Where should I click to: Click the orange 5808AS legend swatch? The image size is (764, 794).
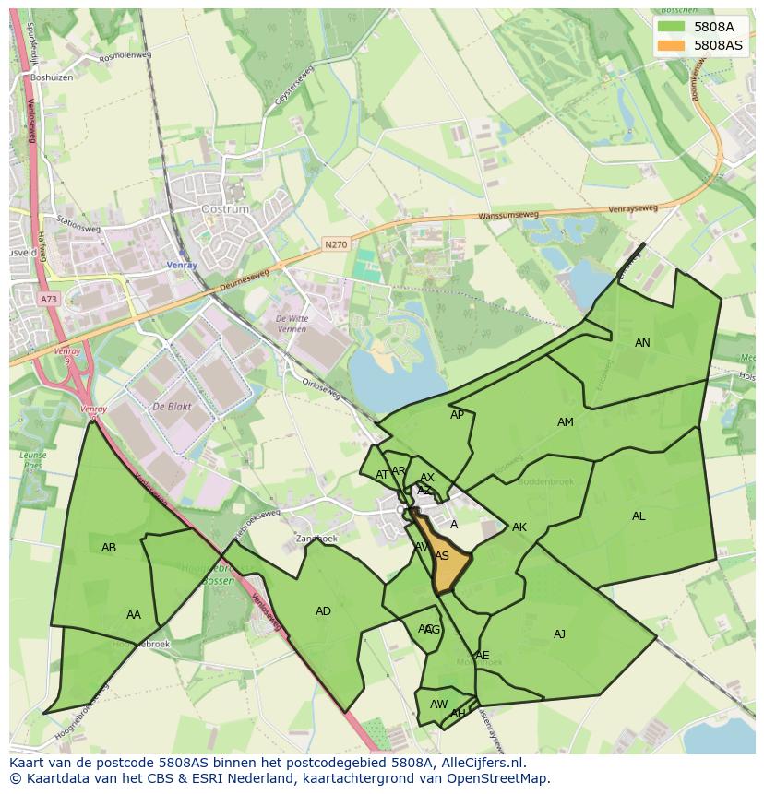click(672, 45)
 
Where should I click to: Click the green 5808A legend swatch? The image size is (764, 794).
click(672, 27)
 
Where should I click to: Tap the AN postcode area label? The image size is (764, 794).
click(642, 343)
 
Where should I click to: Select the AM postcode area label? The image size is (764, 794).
click(566, 422)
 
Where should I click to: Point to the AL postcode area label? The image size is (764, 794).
click(639, 516)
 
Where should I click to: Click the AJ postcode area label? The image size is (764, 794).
click(559, 634)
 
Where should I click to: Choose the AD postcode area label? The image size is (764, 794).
click(323, 611)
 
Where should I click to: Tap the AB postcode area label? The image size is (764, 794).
click(109, 548)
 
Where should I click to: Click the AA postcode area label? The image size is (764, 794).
click(134, 615)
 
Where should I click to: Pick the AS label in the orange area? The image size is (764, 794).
click(442, 556)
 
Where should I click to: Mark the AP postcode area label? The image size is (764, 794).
click(458, 415)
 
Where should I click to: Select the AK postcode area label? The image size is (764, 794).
click(519, 527)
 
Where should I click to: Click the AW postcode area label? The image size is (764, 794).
click(438, 705)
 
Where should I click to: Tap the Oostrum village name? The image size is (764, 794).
click(224, 209)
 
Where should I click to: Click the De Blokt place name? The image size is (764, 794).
click(171, 406)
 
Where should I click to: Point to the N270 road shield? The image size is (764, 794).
click(335, 244)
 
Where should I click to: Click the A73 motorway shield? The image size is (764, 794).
click(48, 299)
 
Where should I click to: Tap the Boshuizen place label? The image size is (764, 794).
click(51, 78)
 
